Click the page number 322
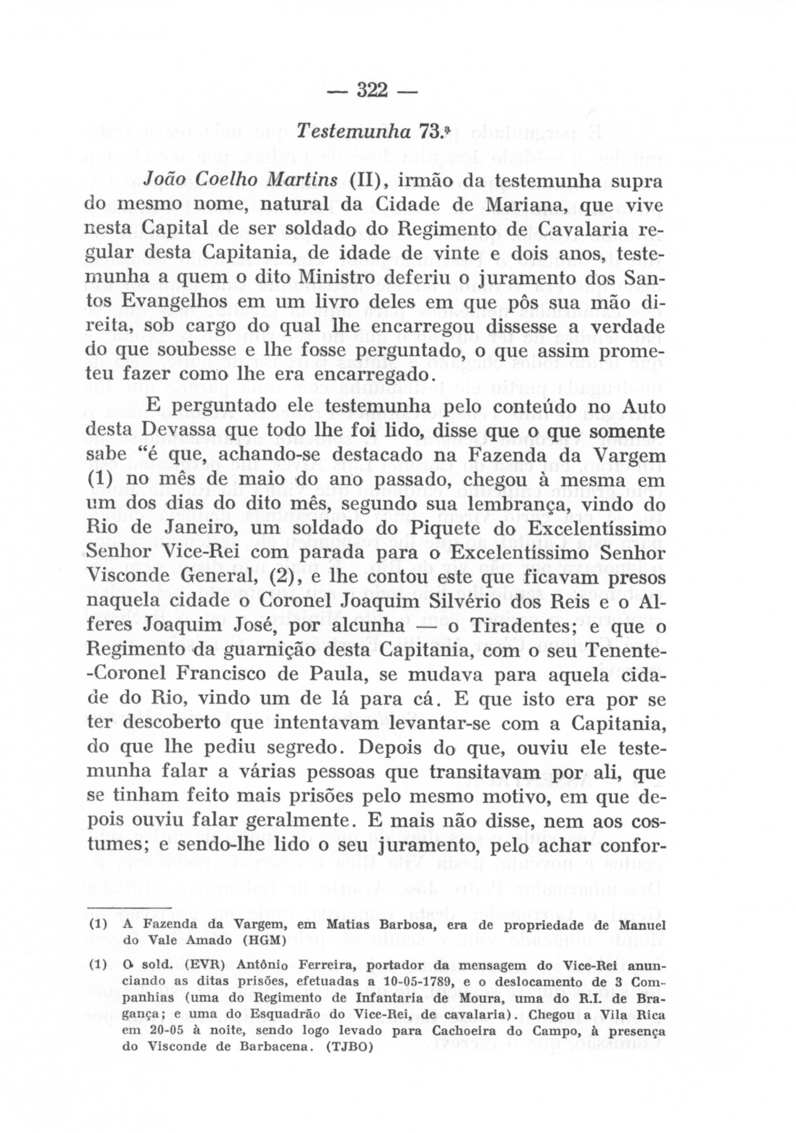[372, 90]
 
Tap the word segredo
[307, 748]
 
